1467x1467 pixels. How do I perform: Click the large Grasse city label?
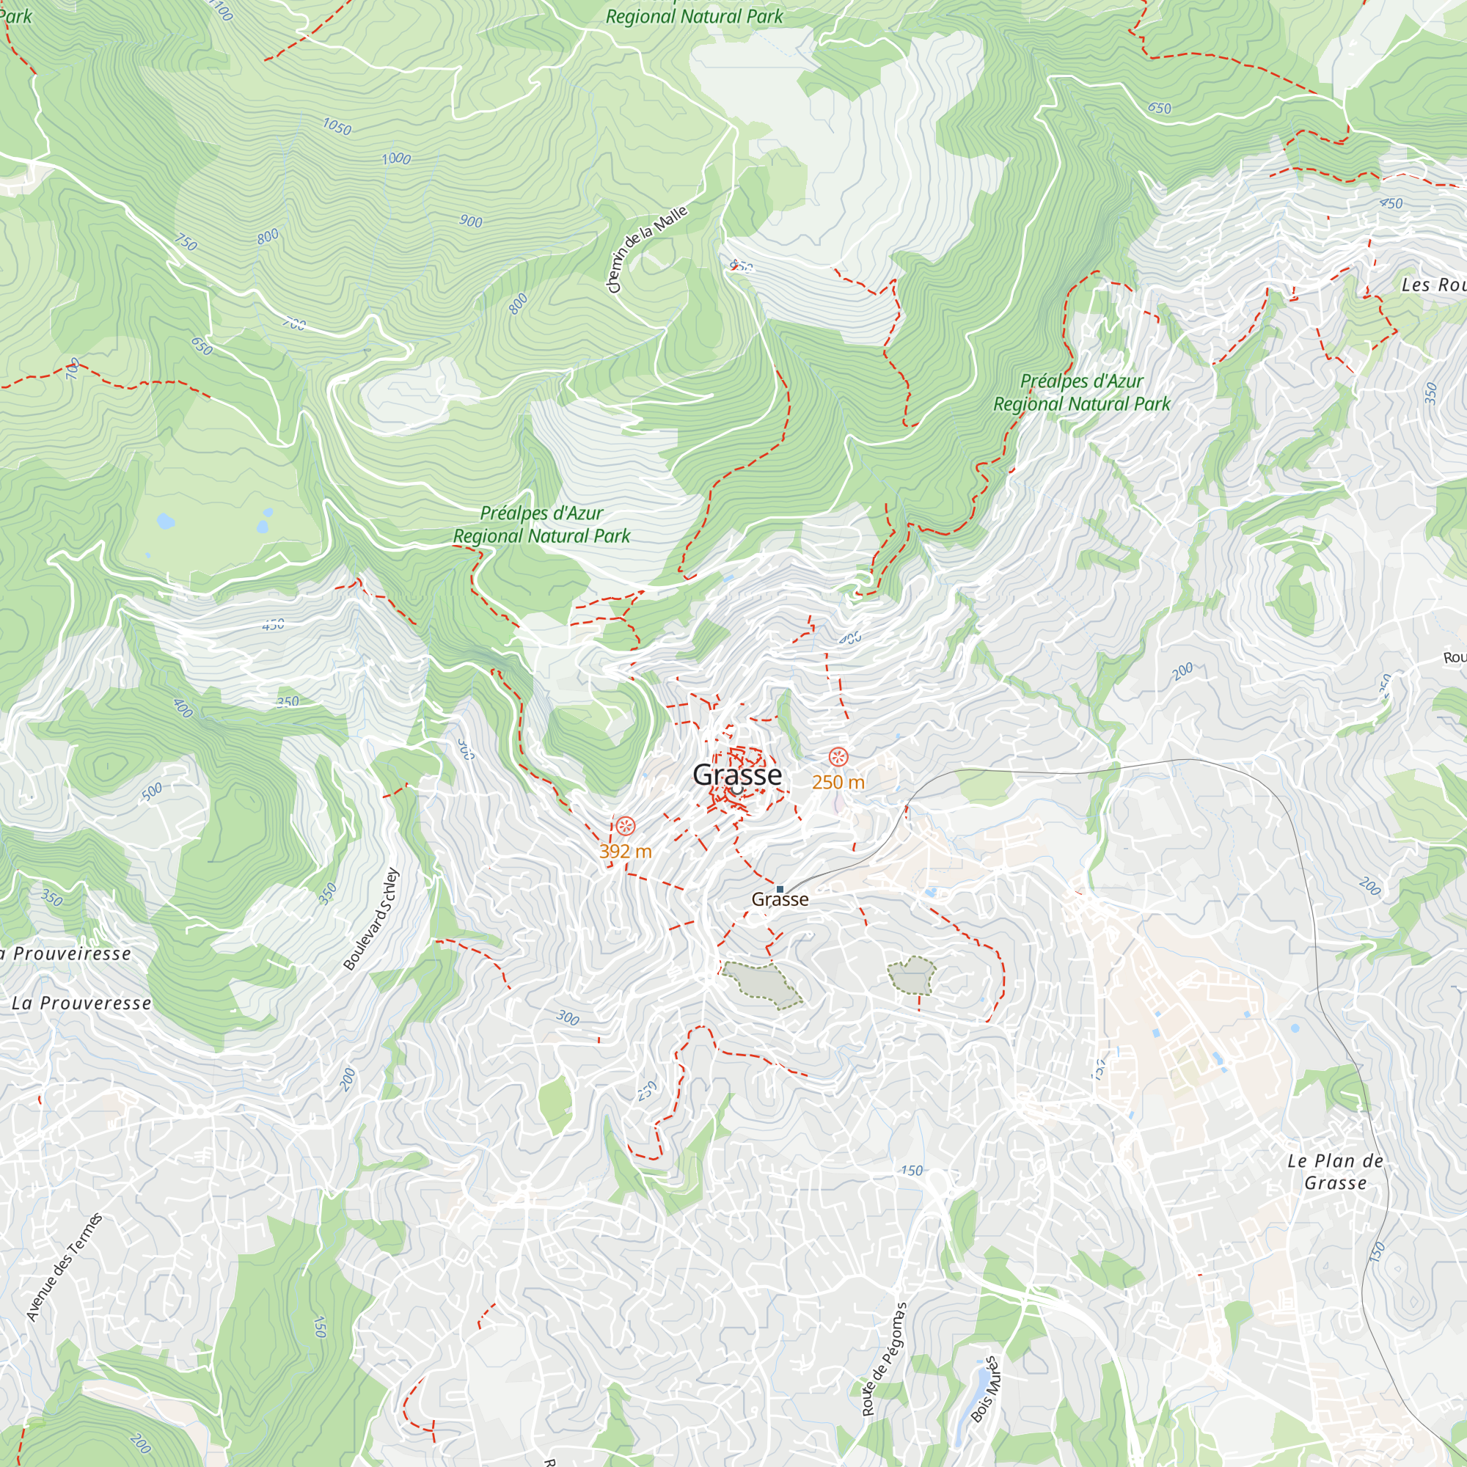[736, 775]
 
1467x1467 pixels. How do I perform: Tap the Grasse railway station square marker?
[780, 888]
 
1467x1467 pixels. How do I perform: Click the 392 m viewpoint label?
[625, 851]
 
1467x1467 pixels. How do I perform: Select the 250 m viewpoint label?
[838, 782]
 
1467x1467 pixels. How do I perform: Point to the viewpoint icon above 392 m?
[625, 825]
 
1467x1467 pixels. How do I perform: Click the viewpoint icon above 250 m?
[838, 756]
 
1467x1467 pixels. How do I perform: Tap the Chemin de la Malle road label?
[647, 249]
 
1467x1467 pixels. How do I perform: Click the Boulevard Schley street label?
[370, 919]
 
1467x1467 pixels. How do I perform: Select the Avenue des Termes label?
[64, 1267]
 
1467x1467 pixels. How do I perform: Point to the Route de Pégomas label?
[884, 1360]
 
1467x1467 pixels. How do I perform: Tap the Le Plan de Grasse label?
[1335, 1171]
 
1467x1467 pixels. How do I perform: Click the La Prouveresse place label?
[81, 1003]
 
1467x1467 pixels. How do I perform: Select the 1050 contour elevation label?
[337, 126]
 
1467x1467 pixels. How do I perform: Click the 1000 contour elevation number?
[395, 158]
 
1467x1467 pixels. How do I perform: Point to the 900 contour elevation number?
[471, 221]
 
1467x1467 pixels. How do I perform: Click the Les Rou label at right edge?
[1432, 285]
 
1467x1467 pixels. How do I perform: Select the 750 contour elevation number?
[186, 243]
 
